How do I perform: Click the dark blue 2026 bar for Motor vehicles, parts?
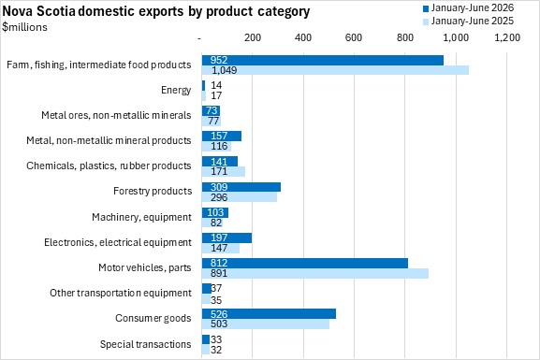pos(305,263)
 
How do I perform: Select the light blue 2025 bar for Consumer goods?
pos(266,324)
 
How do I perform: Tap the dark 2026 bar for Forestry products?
pos(241,187)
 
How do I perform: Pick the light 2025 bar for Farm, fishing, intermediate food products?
pos(335,70)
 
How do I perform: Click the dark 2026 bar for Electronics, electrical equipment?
pos(226,238)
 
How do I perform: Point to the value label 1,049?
pos(225,70)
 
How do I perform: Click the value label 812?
pos(219,263)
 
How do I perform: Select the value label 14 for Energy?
pos(216,85)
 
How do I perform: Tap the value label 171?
pos(219,171)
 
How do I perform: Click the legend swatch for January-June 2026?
pos(426,8)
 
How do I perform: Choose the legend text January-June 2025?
pos(473,21)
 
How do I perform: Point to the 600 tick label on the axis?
pos(354,37)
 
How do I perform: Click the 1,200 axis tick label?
pos(507,37)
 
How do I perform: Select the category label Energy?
pos(176,90)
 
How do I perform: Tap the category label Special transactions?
pos(145,344)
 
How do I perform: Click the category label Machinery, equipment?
pos(141,217)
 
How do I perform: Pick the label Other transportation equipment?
pos(121,293)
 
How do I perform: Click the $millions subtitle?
pos(24,27)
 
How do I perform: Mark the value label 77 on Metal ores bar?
pos(213,121)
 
